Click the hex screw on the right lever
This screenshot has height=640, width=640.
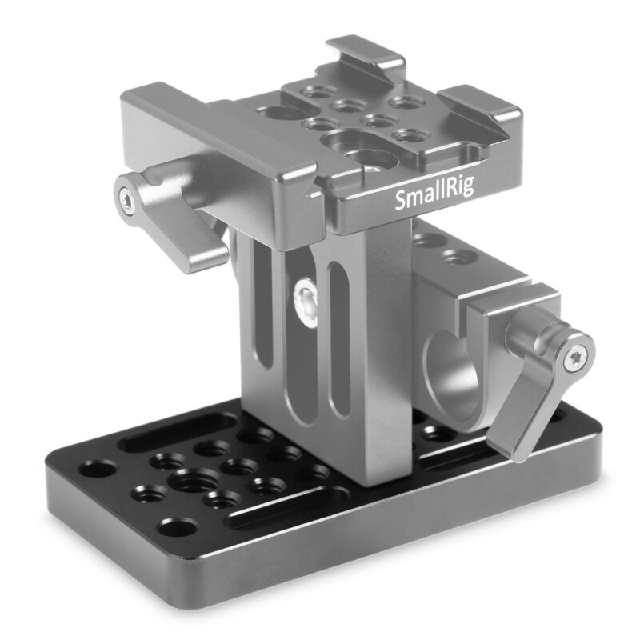tap(573, 360)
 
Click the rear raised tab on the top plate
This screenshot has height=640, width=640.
tap(364, 51)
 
